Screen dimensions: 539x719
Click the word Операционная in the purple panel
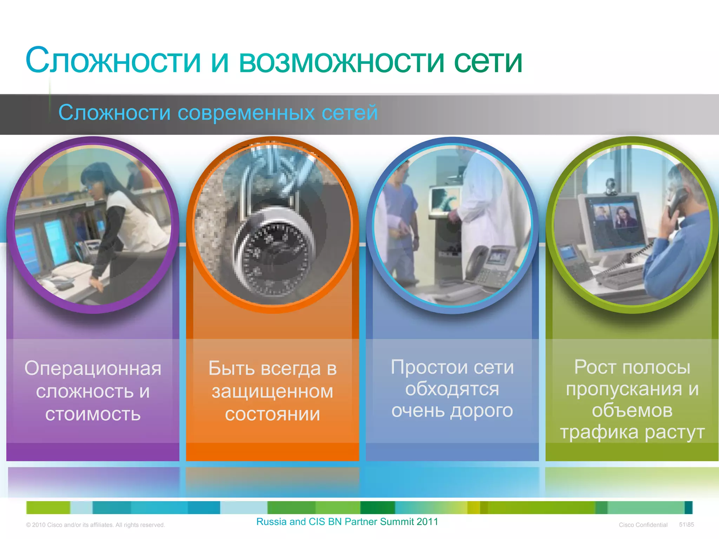pyautogui.click(x=93, y=368)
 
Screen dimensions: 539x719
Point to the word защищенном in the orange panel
pyautogui.click(x=272, y=392)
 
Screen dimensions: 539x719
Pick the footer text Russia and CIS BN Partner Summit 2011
pyautogui.click(x=347, y=522)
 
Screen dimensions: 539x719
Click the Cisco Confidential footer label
pyautogui.click(x=643, y=525)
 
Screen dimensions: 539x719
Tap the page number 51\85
pyautogui.click(x=686, y=525)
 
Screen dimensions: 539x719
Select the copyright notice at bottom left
pyautogui.click(x=95, y=525)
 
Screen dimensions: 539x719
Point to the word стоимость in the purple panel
pyautogui.click(x=93, y=414)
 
